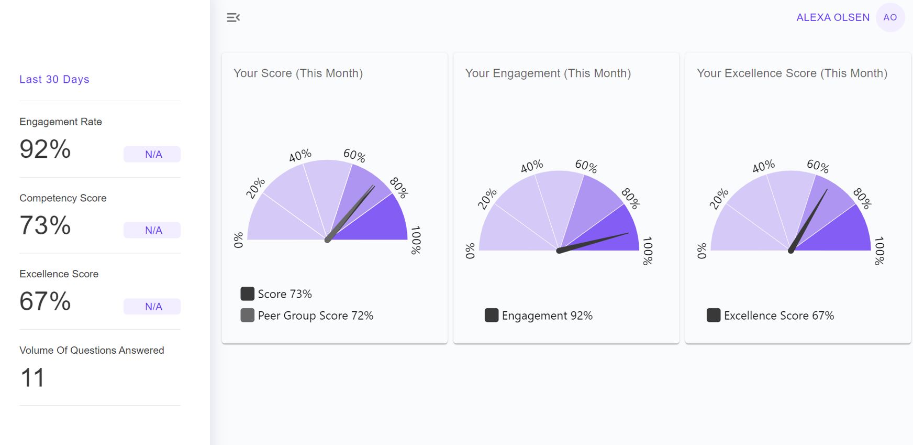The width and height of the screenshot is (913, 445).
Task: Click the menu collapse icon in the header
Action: click(x=233, y=18)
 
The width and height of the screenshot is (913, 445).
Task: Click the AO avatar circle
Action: click(x=890, y=17)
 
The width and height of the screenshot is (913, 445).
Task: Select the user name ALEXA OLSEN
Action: click(x=832, y=17)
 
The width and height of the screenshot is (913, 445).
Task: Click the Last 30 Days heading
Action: click(x=54, y=79)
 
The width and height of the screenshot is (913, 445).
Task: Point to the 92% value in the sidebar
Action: click(x=45, y=149)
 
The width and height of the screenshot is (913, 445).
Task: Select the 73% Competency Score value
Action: click(x=45, y=225)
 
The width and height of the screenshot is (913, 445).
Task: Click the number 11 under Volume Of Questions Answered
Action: click(x=32, y=378)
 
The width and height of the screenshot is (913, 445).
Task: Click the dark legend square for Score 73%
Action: click(x=247, y=294)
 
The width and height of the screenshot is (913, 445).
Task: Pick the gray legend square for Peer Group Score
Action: click(x=247, y=316)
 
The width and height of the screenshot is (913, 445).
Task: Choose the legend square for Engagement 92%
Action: click(x=491, y=316)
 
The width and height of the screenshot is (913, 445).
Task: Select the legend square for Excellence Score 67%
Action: click(x=713, y=316)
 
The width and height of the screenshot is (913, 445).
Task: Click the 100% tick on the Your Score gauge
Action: click(x=416, y=240)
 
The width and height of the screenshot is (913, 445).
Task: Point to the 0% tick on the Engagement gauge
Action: click(x=470, y=251)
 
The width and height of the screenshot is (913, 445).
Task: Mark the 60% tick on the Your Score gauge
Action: click(x=354, y=155)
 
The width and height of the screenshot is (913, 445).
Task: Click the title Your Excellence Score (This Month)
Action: click(x=792, y=73)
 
